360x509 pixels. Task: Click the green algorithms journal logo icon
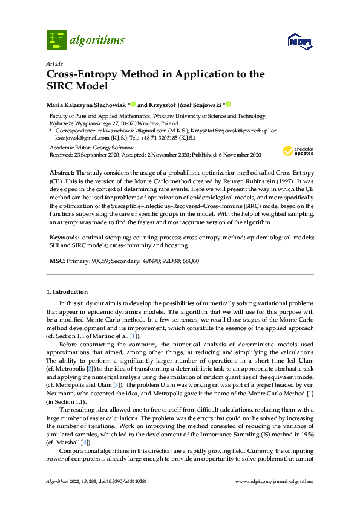pos(56,40)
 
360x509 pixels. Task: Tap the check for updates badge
pos(298,151)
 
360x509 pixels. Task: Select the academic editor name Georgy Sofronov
pos(111,147)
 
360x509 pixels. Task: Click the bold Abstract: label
pos(62,173)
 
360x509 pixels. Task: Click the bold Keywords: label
pos(63,238)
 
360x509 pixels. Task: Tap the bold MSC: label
pos(57,261)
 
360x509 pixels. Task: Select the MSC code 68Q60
pos(190,261)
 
